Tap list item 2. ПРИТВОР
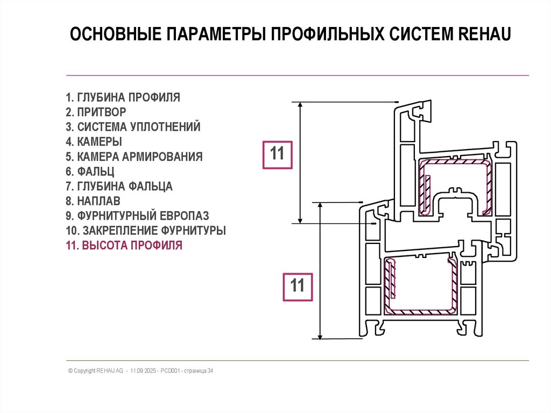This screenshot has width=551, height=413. click(x=96, y=113)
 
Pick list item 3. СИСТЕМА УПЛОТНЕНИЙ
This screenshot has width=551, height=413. click(x=133, y=128)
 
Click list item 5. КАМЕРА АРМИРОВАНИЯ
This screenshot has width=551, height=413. click(x=135, y=157)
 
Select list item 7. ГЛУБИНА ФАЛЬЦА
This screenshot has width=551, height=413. click(x=119, y=187)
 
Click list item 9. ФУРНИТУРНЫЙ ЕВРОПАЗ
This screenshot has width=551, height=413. click(x=138, y=216)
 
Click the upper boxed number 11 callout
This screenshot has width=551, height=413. click(x=277, y=155)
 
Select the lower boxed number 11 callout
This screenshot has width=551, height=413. click(x=298, y=286)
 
